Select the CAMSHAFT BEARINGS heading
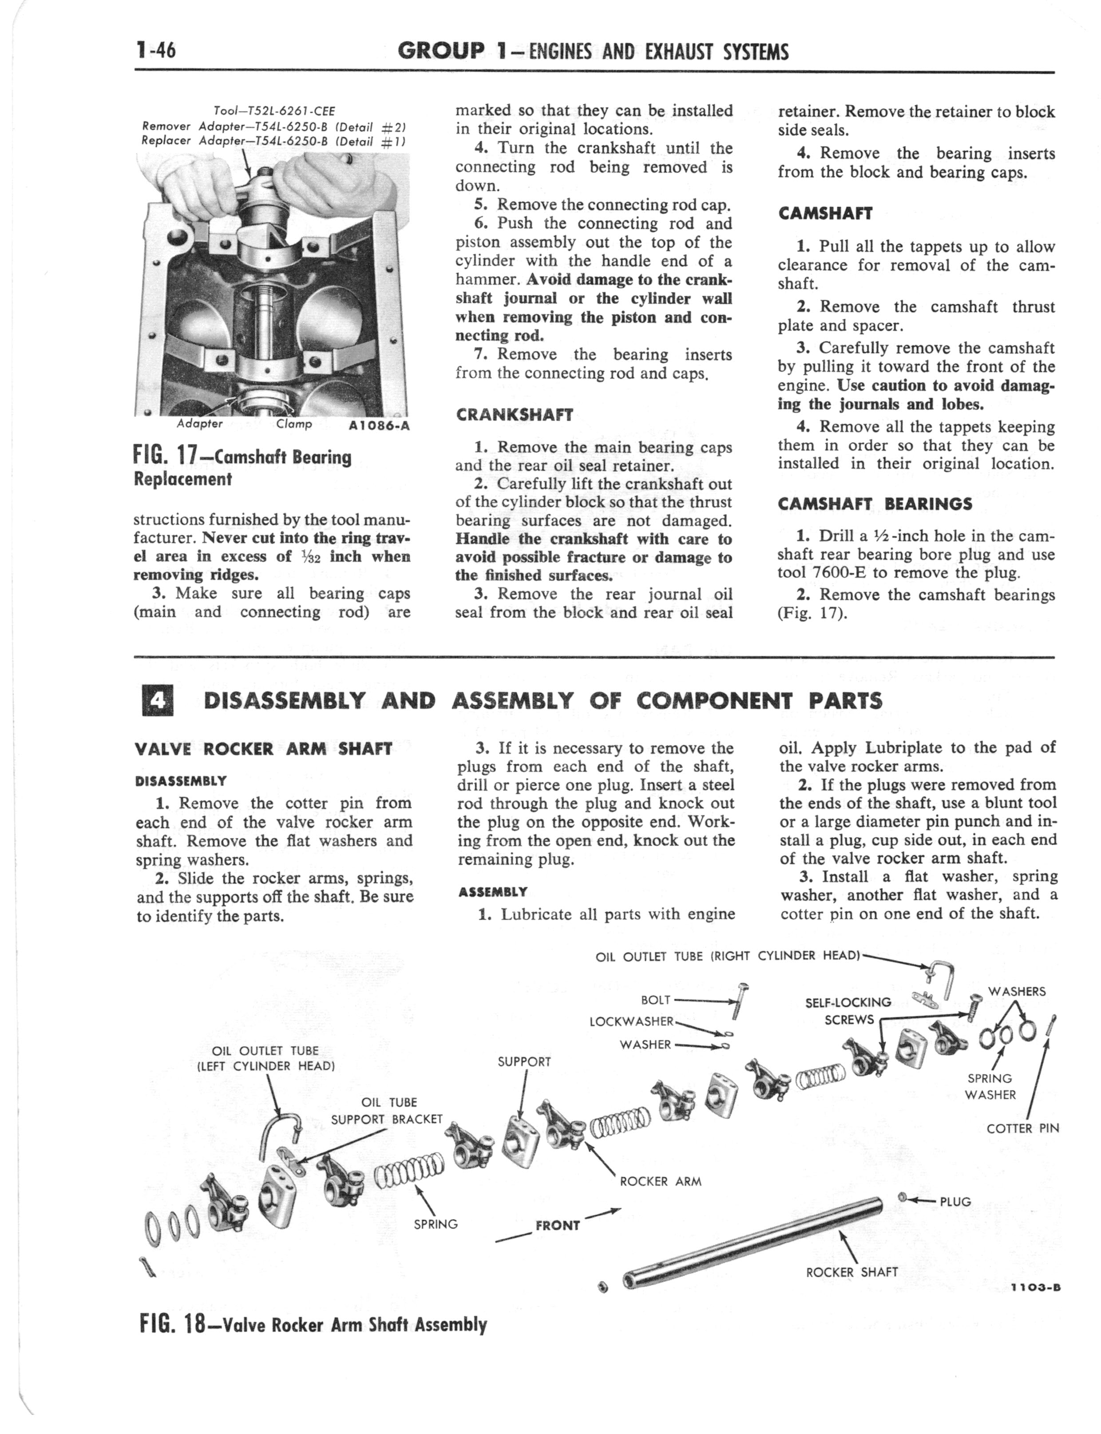click(875, 504)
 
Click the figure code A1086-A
click(380, 425)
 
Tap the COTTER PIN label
click(1022, 1128)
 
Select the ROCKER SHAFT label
click(851, 1272)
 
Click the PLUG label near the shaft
click(955, 1201)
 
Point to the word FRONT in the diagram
click(558, 1226)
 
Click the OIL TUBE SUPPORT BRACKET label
click(387, 1111)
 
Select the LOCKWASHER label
click(631, 1021)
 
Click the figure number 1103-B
click(1035, 1287)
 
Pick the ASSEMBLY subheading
click(492, 892)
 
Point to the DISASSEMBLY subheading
click(180, 781)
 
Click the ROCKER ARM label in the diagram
click(660, 1182)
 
